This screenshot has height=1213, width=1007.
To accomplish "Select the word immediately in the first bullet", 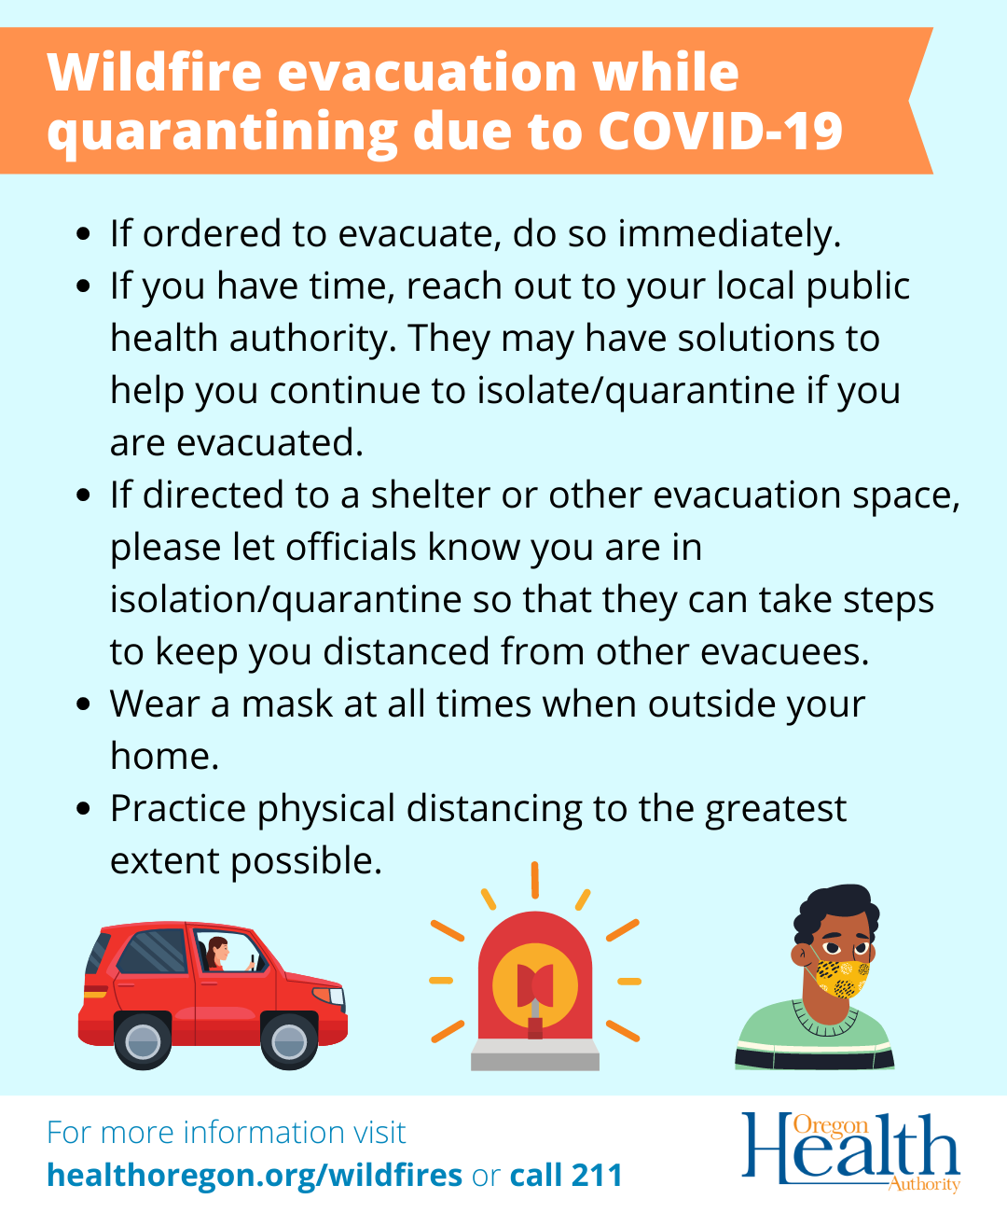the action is point(729,234).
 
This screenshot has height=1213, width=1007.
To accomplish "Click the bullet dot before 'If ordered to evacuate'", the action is point(84,234).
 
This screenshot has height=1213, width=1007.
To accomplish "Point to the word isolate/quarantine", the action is point(636,391).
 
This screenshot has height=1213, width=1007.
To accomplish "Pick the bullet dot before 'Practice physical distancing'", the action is point(84,808).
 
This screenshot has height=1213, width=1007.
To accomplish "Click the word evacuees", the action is point(785,652).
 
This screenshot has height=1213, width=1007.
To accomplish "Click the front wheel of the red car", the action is point(289,1040).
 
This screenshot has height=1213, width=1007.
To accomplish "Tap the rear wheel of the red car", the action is point(143,1040).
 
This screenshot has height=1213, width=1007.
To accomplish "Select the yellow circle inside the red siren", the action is point(535,985).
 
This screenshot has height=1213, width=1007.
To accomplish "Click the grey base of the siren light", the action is point(535,1054).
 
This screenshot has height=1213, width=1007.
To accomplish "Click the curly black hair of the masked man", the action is point(835,912).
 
